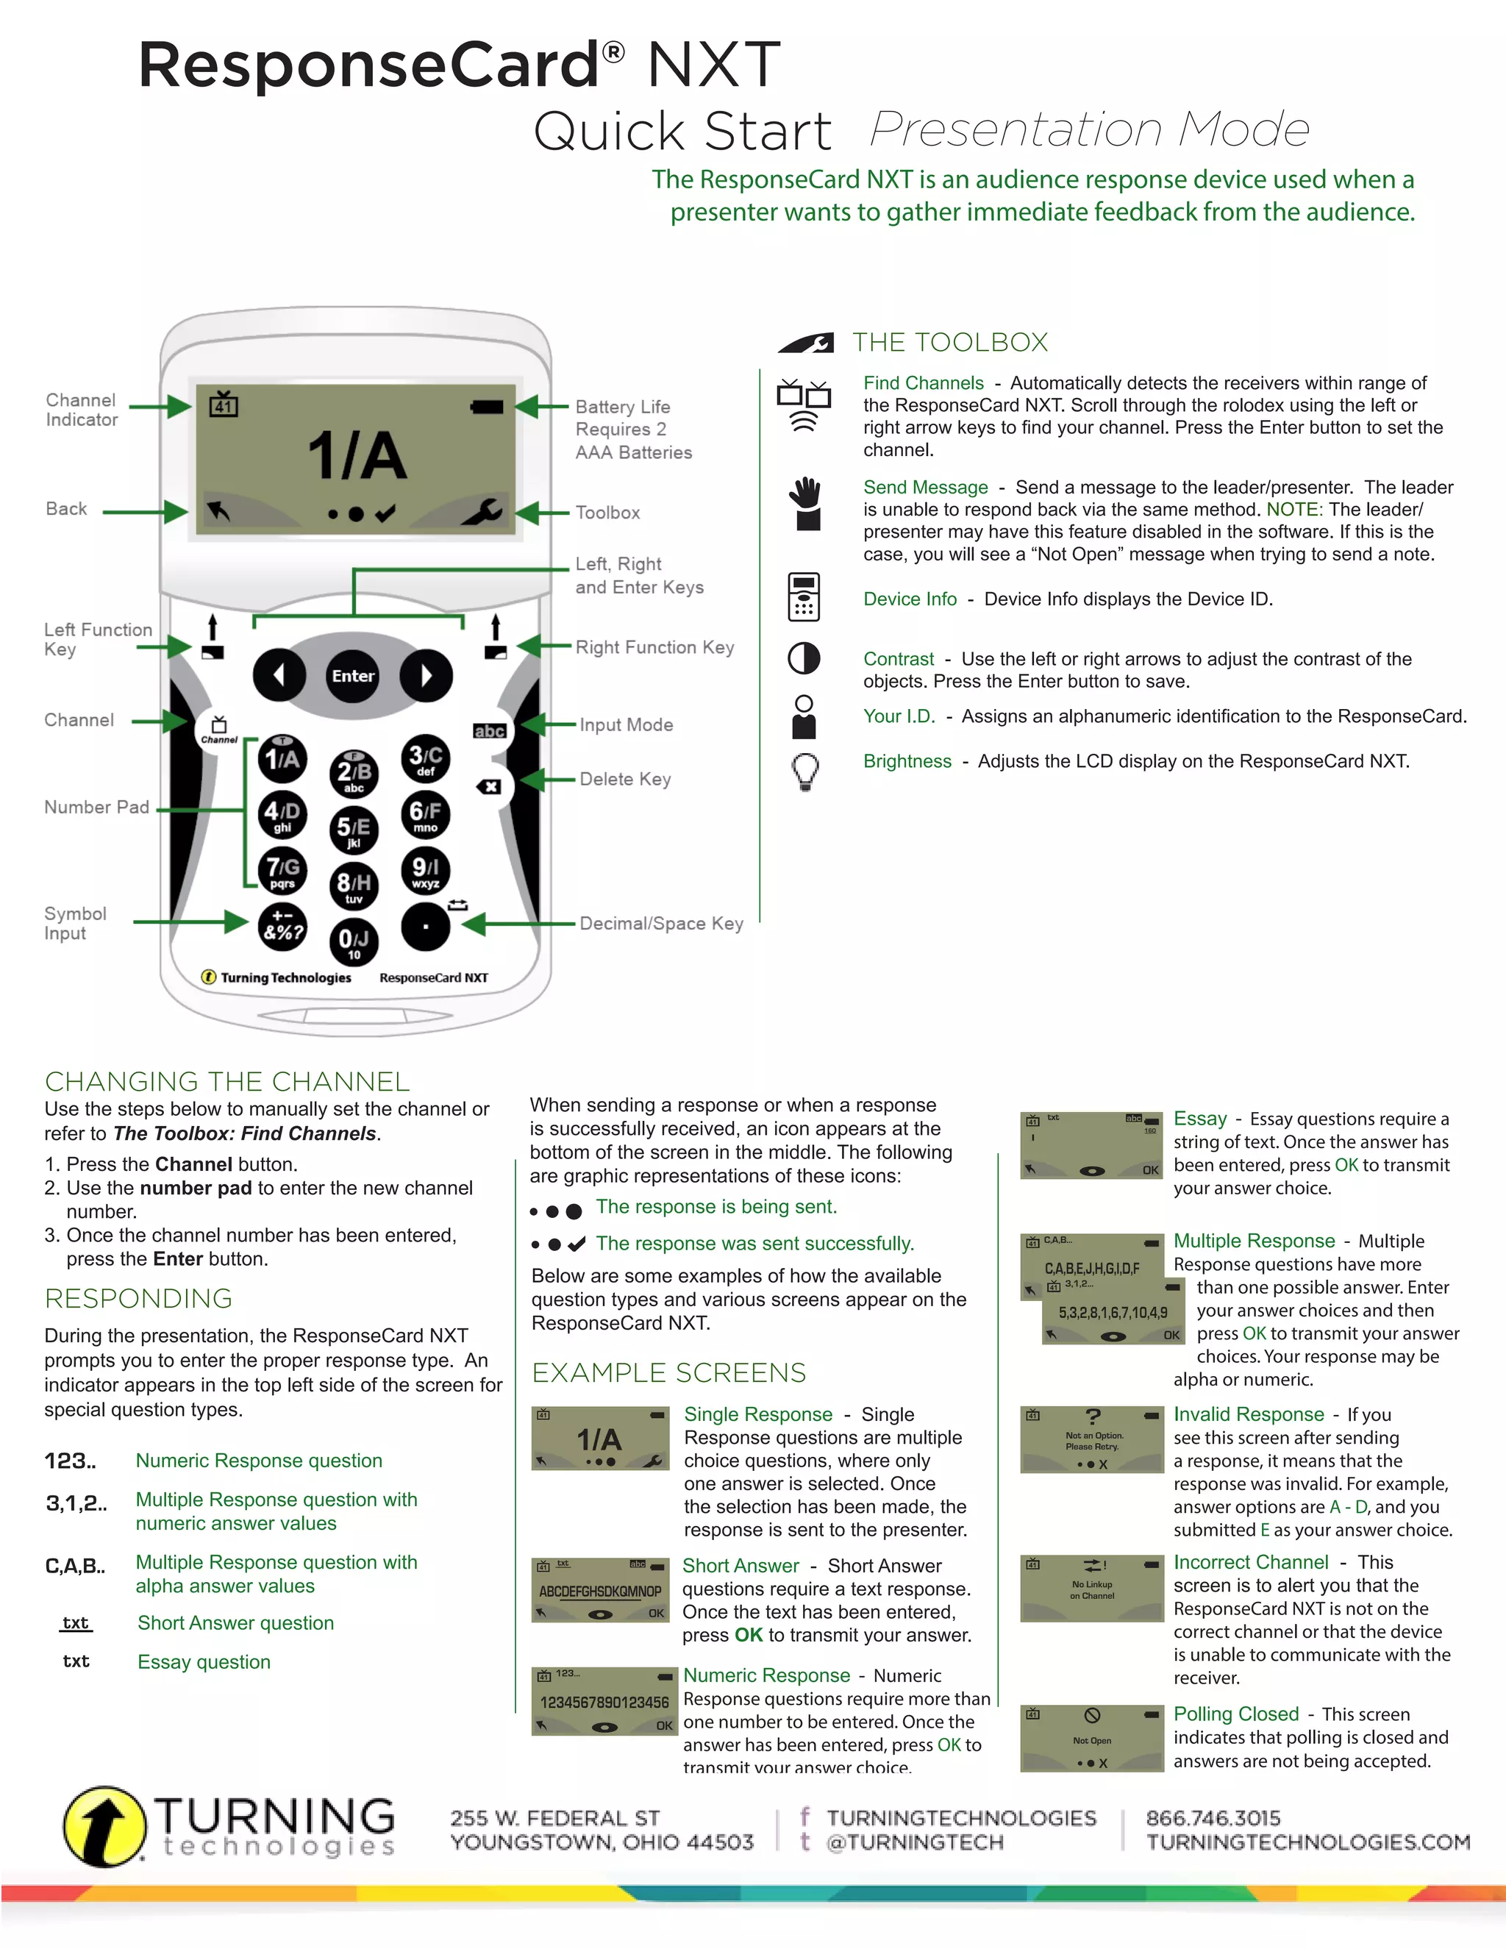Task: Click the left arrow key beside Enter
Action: (x=279, y=676)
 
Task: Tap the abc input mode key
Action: (x=489, y=731)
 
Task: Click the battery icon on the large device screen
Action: (x=487, y=407)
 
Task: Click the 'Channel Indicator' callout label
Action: (x=81, y=410)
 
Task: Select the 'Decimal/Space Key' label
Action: (x=661, y=924)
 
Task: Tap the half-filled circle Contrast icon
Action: (x=804, y=658)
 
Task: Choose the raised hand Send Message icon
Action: (x=807, y=503)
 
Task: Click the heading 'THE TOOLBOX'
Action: (x=949, y=342)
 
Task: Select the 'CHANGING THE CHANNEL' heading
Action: (x=226, y=1082)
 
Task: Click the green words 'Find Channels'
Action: (x=923, y=383)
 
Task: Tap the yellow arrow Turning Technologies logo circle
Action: (x=104, y=1826)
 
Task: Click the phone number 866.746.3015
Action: (x=1213, y=1818)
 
